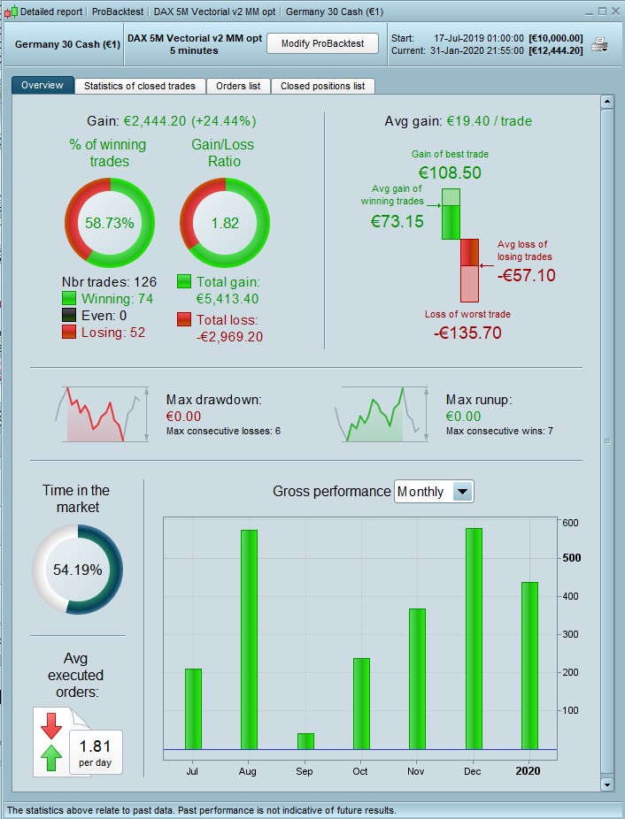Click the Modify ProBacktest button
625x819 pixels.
[322, 43]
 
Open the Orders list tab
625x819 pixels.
[238, 86]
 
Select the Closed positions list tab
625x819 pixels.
[322, 86]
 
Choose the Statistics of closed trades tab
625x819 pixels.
[140, 86]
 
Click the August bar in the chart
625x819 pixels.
[248, 639]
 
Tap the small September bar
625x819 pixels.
[305, 740]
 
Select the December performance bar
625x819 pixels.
[474, 638]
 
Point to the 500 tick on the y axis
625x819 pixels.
[572, 558]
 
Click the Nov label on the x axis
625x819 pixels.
[417, 771]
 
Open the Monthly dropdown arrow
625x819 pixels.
[463, 492]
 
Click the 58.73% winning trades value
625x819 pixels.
[110, 223]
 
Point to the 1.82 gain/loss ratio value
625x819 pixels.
[225, 223]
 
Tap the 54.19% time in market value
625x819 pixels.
[78, 570]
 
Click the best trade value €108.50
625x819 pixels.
[450, 172]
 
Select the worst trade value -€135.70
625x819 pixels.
[467, 333]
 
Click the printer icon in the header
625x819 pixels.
[599, 44]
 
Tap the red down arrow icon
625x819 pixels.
[51, 724]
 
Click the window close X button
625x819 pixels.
[615, 11]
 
